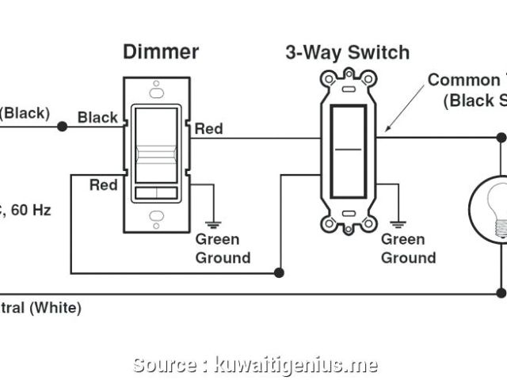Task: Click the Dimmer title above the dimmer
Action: pos(160,53)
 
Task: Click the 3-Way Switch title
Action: pos(347,53)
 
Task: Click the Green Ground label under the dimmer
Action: pos(223,249)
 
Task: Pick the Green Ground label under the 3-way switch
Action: pos(408,249)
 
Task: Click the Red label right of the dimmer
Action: pos(208,128)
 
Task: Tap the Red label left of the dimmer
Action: pos(103,185)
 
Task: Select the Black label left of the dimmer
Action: pos(97,118)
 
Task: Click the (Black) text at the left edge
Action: pos(24,113)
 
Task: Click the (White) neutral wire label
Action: pos(55,307)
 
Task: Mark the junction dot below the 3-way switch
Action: pos(279,273)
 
